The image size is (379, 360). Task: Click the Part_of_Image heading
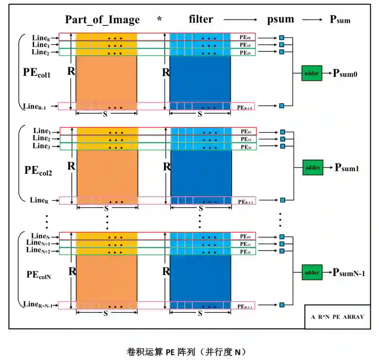[102, 20]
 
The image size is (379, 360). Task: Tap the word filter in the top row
[200, 19]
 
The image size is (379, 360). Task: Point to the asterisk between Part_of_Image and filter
[160, 19]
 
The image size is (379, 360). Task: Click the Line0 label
[41, 38]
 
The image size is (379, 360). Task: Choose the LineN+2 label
[39, 250]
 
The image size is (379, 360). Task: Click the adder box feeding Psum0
[312, 73]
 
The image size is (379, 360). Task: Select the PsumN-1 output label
[349, 272]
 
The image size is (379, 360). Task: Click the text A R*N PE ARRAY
[337, 316]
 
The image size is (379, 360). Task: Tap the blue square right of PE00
[281, 38]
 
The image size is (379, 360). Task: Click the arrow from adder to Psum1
[328, 168]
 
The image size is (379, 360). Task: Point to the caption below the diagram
[186, 352]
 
